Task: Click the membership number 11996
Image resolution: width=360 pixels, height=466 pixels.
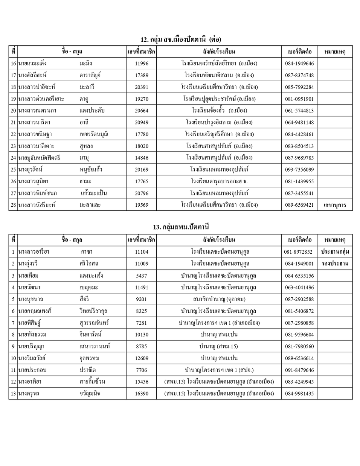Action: point(142,63)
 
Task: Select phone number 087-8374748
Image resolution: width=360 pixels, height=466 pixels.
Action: point(299,75)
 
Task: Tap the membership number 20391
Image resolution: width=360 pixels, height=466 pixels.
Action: point(142,87)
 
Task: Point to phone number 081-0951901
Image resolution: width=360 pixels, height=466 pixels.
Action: point(299,99)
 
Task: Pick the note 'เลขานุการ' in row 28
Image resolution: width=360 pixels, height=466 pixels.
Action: point(335,205)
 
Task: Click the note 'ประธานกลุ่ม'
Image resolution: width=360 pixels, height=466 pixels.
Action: point(335,252)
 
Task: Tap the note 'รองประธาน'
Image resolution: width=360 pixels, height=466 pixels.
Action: point(335,263)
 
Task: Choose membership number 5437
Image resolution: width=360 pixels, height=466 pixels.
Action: point(142,276)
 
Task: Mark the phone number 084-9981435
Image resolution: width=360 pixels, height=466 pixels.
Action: point(299,394)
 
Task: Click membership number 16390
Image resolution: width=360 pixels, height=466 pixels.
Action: point(142,394)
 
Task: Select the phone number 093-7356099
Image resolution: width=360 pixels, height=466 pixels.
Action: point(299,170)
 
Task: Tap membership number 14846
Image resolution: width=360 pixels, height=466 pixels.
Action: point(142,158)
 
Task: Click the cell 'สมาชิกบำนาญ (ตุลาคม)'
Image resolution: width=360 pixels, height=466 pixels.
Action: point(219,299)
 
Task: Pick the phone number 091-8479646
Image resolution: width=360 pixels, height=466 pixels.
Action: point(299,370)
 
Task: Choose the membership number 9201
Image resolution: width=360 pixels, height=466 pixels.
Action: point(142,299)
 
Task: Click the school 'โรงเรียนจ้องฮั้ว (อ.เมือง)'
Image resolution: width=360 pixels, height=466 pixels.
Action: point(219,111)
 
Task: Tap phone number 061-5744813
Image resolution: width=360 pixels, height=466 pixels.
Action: point(299,111)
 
